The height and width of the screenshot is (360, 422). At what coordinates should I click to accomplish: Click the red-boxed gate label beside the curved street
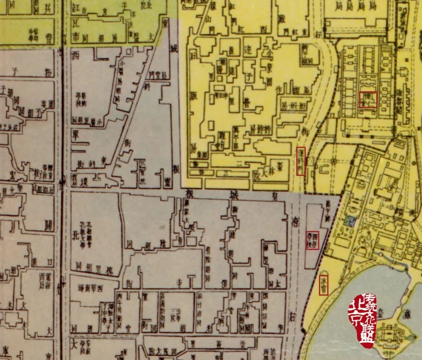(300, 161)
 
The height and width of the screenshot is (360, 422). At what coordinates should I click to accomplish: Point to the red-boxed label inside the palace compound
(368, 99)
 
